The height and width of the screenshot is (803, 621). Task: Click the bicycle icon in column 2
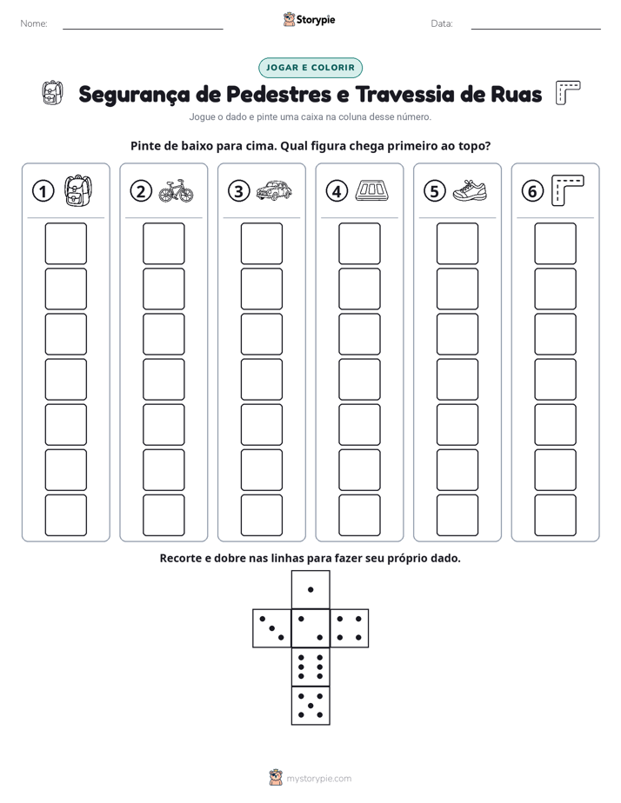[x=176, y=191]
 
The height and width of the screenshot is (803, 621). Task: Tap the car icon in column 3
[x=274, y=190]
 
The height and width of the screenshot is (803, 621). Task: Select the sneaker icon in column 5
[x=470, y=190]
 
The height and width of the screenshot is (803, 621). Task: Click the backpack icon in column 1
[x=78, y=190]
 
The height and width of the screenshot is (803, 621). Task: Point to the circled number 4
[x=337, y=191]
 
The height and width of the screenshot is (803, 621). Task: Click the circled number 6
[x=532, y=191]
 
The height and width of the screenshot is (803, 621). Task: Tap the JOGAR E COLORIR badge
[x=310, y=68]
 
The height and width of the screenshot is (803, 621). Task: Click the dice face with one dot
[x=310, y=589]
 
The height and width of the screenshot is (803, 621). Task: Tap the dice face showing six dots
[x=310, y=667]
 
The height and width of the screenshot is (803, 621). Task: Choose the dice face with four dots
[x=350, y=628]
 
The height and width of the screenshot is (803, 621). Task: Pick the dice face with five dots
[x=310, y=706]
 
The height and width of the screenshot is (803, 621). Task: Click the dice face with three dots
[x=272, y=628]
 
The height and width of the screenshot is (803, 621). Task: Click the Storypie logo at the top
[x=309, y=19]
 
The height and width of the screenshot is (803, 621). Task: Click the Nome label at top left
[x=34, y=23]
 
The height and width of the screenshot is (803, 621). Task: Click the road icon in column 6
[x=568, y=190]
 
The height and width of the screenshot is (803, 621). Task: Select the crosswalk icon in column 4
[x=372, y=190]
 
